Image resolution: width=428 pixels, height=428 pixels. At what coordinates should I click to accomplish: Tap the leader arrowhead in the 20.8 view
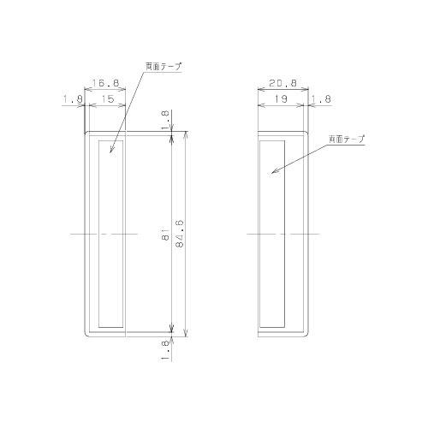tap(274, 173)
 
